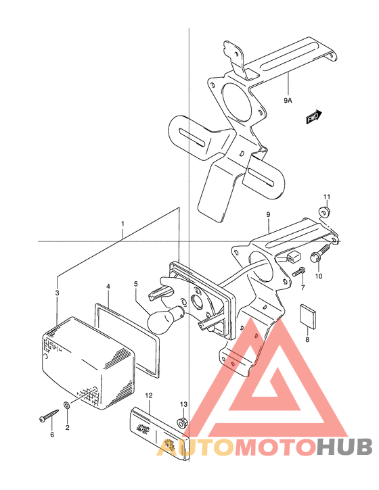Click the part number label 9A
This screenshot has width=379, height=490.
pos(288,100)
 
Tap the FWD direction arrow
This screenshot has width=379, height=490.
pos(314,117)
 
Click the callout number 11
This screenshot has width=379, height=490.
pos(327,197)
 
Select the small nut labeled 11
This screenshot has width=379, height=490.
pos(324,212)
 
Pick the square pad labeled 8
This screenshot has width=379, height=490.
pos(308,316)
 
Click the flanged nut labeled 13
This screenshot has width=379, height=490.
pos(181,423)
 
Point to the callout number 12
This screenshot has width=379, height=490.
pos(149,395)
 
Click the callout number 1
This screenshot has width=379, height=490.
pos(122,224)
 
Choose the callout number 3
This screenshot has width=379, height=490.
pos(58,293)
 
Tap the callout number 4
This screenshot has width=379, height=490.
pos(108,286)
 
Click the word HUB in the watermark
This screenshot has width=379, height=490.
pos(344,447)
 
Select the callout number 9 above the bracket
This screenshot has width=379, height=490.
pos(268,215)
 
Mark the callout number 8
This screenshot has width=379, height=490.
pos(307,339)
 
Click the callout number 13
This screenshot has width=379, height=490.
pos(183,404)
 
